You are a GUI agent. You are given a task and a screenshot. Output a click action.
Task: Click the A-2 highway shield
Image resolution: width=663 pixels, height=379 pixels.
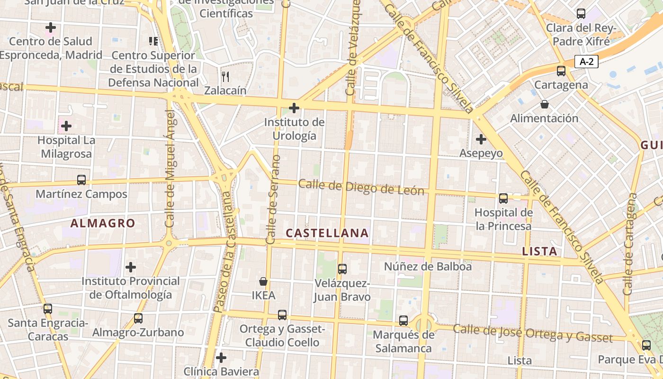coord(586,61)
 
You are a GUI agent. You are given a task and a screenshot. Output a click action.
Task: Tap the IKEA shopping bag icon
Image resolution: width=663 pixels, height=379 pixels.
coord(263,281)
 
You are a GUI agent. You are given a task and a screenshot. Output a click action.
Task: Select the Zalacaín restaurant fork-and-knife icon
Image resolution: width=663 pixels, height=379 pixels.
coord(225,76)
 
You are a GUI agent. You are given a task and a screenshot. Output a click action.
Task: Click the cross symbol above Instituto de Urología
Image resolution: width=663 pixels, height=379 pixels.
coord(294,108)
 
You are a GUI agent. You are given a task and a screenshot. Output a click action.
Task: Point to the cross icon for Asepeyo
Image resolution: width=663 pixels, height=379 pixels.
coord(481,139)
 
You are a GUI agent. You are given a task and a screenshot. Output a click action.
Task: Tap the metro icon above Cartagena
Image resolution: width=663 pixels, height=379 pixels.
coord(561,71)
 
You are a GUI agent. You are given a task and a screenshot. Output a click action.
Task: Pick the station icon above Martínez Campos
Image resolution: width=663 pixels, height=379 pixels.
coord(81,180)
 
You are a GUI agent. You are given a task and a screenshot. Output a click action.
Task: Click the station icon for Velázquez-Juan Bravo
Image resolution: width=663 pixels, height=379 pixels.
coord(342,269)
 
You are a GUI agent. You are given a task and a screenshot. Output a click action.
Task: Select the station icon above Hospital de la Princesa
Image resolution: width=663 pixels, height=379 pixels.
coord(503,199)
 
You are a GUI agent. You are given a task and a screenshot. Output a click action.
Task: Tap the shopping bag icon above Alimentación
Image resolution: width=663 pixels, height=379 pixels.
coord(544,104)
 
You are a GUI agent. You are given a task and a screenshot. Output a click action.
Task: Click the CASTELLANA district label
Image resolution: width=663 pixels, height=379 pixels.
coord(327,233)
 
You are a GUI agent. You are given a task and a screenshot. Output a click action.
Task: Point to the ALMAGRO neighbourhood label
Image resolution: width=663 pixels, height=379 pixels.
coord(103,223)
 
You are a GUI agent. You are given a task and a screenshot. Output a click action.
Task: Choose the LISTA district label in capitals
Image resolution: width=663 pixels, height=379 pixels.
coord(539,251)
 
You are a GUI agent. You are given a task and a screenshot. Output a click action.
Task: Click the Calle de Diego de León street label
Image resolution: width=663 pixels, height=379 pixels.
coord(361,187)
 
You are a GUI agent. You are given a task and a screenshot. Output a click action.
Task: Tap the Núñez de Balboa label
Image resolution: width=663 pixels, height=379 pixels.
coord(428,266)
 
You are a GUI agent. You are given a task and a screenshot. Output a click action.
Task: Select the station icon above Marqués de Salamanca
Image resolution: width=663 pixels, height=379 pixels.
coord(403,321)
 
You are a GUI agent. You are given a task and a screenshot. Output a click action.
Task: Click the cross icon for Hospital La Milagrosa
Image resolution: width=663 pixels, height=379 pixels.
coord(66,126)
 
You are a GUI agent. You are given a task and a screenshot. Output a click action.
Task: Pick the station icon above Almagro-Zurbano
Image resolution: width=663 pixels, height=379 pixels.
coord(138,318)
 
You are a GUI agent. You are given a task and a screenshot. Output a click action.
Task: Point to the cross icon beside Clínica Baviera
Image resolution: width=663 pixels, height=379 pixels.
coord(221,357)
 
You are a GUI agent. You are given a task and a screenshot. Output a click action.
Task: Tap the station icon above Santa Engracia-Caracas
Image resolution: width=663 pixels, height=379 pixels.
coord(48,309)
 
